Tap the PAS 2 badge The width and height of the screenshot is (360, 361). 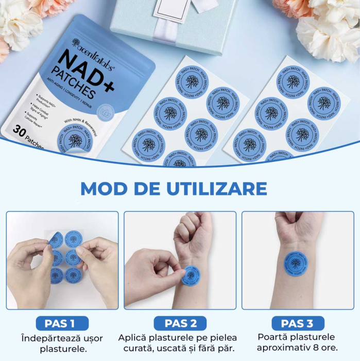click(x=181, y=324)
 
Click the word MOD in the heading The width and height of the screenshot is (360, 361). click(x=106, y=188)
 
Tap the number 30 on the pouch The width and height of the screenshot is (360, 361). click(x=21, y=131)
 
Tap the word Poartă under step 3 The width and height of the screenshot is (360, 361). click(x=273, y=337)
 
